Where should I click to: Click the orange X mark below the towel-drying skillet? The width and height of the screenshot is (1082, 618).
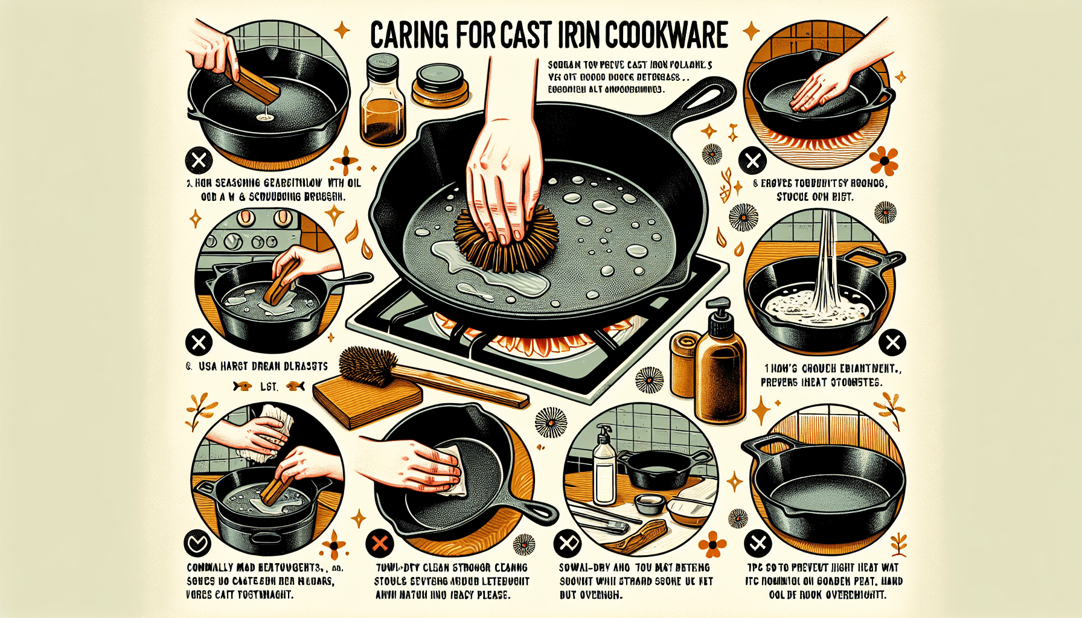coord(379,543)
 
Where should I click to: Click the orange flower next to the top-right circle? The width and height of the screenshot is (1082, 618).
coord(884,161)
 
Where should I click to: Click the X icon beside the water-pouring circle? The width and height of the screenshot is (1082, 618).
coord(892,343)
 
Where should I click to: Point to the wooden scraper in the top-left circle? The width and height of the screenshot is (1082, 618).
coord(257,84)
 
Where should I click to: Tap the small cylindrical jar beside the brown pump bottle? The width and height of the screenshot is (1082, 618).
coord(684,362)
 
